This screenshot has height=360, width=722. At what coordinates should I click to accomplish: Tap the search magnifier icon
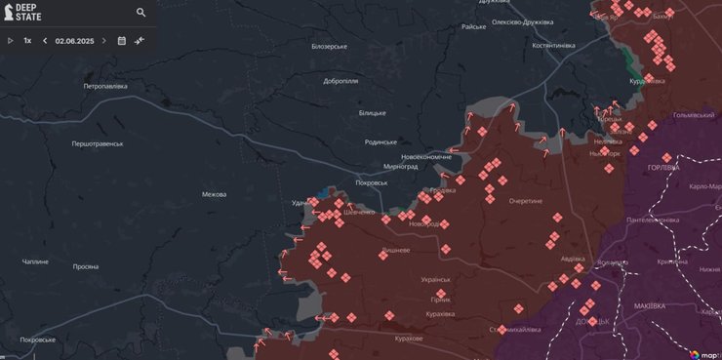coord(141,13)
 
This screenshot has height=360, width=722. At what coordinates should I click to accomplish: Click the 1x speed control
coord(28,41)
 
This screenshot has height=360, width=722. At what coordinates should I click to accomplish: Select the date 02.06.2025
coord(73,41)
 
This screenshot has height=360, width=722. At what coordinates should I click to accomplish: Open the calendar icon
coord(122,41)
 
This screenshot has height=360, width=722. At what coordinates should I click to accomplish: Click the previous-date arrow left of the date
coord(45,41)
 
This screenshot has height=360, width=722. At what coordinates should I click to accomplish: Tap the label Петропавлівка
coord(105,86)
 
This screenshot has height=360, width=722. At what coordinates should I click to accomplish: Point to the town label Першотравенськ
coord(98,143)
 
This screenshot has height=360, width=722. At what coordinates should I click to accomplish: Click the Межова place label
coord(214,194)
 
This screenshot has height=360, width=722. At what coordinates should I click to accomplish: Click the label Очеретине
coord(525,201)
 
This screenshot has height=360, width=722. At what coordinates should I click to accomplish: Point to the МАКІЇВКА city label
coord(650,305)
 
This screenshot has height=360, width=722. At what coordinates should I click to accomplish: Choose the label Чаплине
coord(35,261)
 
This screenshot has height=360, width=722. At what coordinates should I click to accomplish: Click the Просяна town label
coord(85,265)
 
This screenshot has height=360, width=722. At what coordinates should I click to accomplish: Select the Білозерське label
coord(329,46)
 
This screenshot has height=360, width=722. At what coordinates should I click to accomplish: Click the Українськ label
coord(435,280)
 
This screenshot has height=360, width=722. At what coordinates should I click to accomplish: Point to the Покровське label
coord(37,340)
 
